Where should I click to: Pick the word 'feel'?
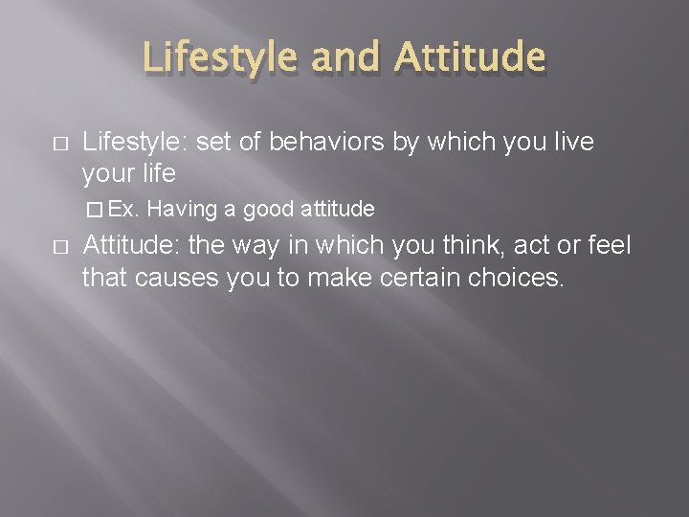pyautogui.click(x=609, y=246)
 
